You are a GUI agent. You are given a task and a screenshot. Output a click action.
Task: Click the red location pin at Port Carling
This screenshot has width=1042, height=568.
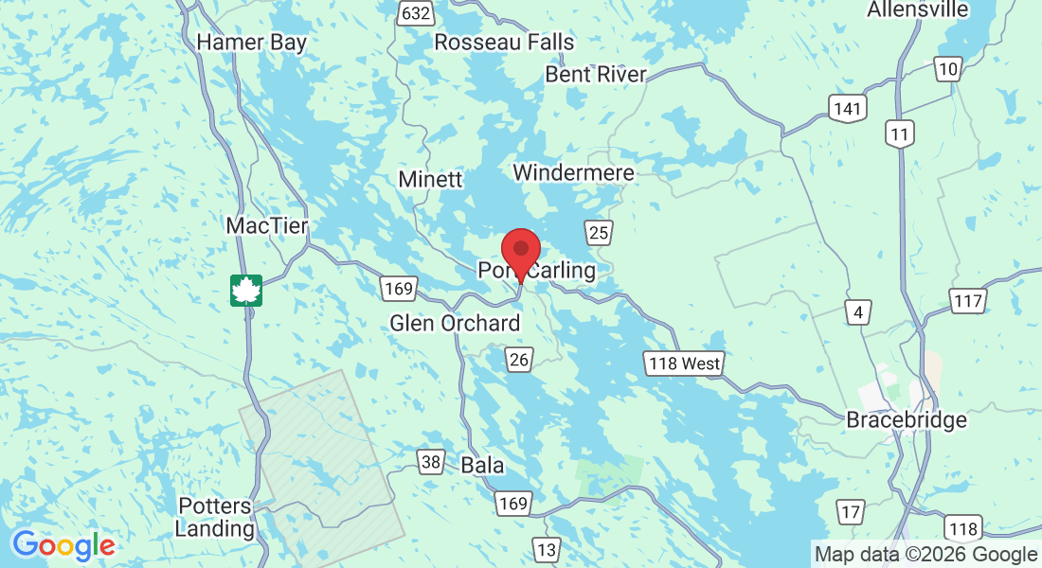520,251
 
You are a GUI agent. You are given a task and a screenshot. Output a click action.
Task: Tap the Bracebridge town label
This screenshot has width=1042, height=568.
907,419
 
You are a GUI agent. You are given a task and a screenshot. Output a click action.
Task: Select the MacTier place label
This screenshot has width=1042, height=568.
267,226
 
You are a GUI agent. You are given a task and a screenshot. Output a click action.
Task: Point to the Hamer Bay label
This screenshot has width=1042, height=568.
252,42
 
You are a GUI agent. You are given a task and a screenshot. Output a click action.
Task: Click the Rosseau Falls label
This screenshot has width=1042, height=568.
504,42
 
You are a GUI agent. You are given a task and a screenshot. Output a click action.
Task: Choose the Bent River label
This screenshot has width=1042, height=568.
596,74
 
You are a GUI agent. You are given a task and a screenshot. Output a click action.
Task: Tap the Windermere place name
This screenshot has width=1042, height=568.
573,172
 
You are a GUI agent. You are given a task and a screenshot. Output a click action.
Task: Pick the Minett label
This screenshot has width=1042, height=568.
430,179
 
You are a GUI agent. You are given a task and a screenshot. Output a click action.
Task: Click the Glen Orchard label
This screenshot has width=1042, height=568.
455,324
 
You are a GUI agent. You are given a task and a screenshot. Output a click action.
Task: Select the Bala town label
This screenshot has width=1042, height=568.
482,466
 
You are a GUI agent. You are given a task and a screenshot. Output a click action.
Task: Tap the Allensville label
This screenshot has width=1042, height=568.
918,9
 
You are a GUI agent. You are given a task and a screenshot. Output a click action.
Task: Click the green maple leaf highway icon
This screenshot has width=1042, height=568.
246,291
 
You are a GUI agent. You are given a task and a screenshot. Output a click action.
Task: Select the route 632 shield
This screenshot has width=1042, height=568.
416,12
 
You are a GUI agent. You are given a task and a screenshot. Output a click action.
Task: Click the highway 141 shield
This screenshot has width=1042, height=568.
846,108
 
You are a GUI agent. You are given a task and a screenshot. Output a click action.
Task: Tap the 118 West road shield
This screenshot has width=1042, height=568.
684,363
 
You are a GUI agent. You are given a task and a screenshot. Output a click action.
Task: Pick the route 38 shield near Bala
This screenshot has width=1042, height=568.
431,462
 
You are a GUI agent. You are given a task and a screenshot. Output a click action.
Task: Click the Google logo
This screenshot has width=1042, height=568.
63,545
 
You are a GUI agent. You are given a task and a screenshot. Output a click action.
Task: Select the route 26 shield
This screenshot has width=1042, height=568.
518,360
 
